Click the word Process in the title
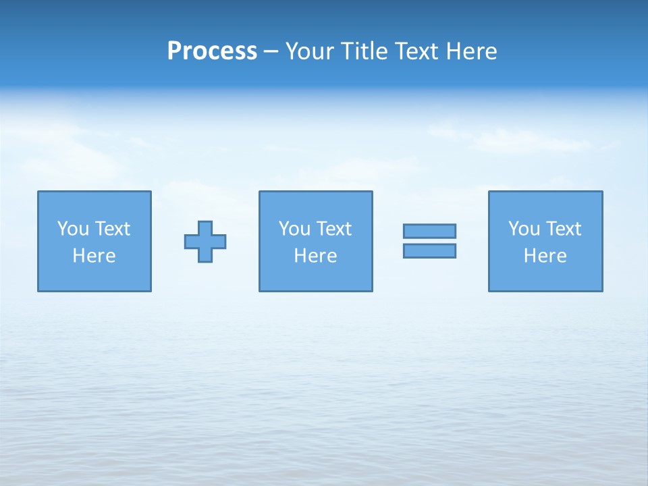pos(212,51)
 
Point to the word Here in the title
pos(473,51)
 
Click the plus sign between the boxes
pos(205,242)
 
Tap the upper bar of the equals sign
pos(429,231)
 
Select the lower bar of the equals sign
pos(429,250)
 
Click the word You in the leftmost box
pos(73,229)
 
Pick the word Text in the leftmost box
pos(111,229)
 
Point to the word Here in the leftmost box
pos(94,256)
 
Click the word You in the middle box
pos(294,229)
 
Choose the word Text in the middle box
pos(333,229)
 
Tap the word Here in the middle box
pos(315,256)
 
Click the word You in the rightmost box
pos(524,229)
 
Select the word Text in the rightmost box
pos(562,229)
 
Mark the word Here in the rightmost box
pos(545,256)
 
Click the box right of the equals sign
pos(545,277)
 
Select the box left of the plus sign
pos(94,277)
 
